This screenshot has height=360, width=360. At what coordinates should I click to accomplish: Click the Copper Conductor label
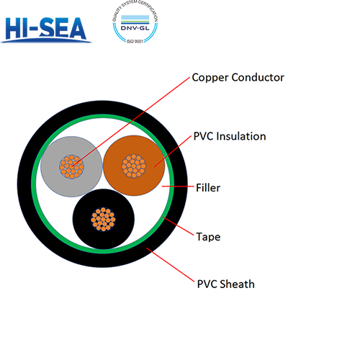(x=238, y=78)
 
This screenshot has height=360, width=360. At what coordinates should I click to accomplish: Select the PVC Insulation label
(x=230, y=136)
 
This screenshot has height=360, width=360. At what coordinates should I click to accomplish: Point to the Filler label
(x=208, y=189)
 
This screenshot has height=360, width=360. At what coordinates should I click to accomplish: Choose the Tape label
(x=208, y=236)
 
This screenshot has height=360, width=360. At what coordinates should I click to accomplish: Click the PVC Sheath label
(x=225, y=284)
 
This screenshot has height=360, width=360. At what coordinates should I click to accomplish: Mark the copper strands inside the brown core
(x=132, y=165)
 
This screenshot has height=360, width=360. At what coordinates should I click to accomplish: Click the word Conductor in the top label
(x=257, y=78)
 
